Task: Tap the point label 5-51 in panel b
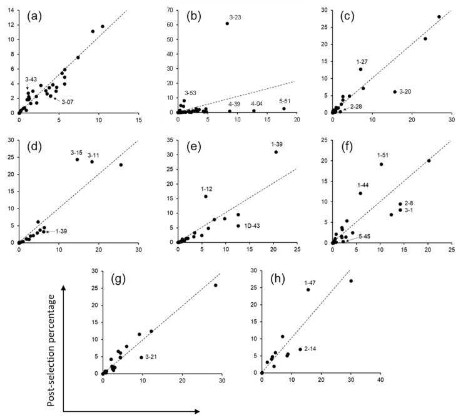tap(287, 101)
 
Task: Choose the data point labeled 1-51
tap(381, 165)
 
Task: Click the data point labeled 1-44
tap(360, 193)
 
